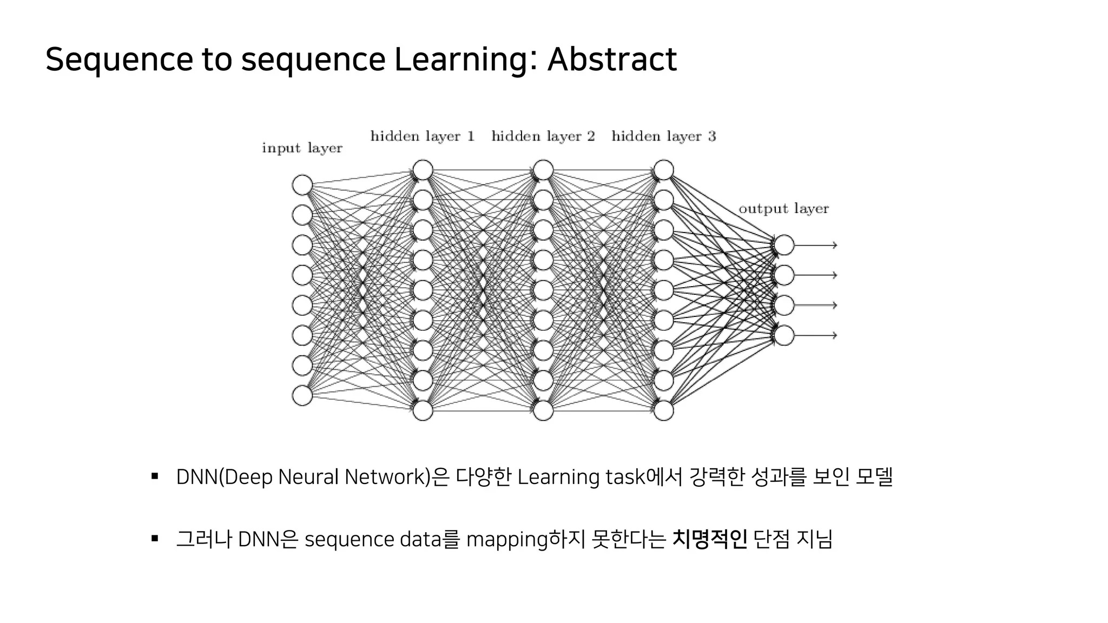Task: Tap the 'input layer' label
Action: point(302,148)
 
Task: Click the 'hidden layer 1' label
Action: point(422,136)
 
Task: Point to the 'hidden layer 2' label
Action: point(543,136)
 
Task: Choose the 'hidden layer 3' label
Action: point(663,136)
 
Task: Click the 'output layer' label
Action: point(783,209)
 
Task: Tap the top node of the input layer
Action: point(302,185)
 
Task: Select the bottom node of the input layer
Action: point(302,395)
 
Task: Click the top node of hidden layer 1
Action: point(423,170)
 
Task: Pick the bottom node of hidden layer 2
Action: point(543,410)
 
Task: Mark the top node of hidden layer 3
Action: point(663,170)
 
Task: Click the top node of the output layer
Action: point(784,245)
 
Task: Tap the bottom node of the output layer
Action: point(784,335)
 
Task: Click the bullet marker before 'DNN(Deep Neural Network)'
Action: point(155,476)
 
